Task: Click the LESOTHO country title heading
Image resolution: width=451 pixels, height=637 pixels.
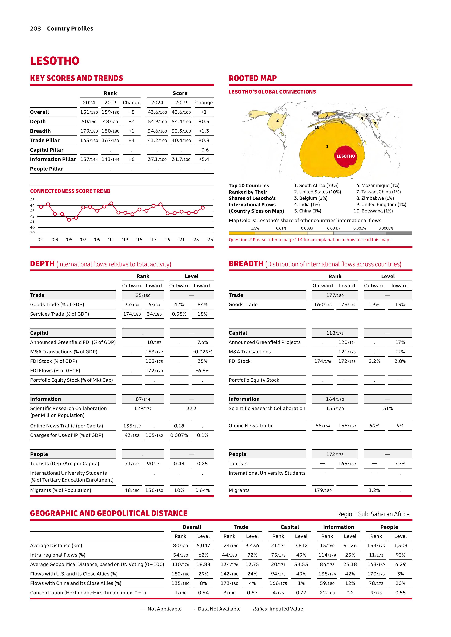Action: coord(55,61)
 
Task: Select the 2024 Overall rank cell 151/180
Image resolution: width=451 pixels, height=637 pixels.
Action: coord(89,112)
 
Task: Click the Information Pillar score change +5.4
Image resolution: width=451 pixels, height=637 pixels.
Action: coord(204,159)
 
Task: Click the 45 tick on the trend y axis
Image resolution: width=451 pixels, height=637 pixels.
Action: coord(33,200)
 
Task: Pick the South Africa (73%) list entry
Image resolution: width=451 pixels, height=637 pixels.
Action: coord(316,185)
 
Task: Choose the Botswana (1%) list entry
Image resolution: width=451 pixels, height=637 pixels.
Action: coord(373,211)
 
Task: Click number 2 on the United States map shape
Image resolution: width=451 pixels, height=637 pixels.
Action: coord(277,120)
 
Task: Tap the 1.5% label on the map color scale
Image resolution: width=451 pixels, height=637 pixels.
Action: coord(255,228)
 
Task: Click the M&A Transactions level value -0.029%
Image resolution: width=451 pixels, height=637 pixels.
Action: coord(203,352)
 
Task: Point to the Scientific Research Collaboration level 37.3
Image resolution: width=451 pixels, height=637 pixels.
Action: coord(191,408)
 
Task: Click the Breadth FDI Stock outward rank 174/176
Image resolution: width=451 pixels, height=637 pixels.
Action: coord(322,361)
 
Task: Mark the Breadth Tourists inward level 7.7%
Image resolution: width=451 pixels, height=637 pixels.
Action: coord(400,464)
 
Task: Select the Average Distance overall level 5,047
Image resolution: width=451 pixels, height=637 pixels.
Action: coord(203,545)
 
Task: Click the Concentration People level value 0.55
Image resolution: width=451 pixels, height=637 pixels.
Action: coord(400,593)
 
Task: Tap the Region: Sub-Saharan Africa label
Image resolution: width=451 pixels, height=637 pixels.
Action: coord(373,514)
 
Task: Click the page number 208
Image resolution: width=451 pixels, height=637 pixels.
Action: coord(35,29)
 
